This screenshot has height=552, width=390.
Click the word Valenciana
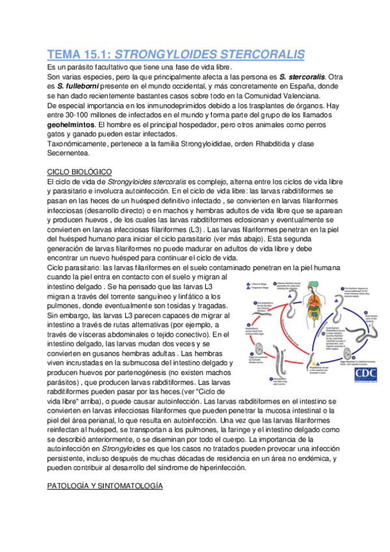[294, 96]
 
